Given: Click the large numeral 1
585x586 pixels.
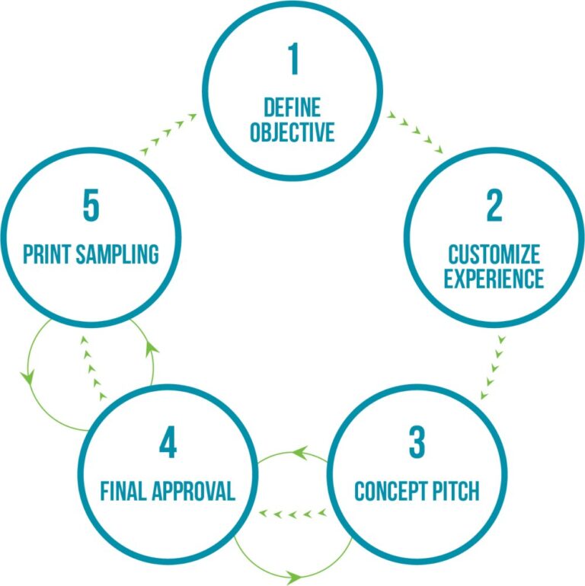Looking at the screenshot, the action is pos(293,59).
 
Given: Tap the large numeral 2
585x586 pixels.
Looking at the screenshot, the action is pos(494,205).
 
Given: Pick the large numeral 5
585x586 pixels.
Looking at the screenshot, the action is pos(91,205).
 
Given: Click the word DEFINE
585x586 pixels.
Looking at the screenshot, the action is pos(292,107).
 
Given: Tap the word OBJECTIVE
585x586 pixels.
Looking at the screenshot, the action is pos(292,132).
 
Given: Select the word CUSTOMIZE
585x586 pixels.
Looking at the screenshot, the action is pos(494,254).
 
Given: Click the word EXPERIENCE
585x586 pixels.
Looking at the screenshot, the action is pos(494,279).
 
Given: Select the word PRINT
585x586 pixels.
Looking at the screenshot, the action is pos(47,254).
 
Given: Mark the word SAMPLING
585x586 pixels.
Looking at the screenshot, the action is pos(117,254).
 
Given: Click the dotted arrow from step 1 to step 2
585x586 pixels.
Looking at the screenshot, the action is pos(415,132).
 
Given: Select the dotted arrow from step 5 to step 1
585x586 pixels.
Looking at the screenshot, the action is pos(168,134).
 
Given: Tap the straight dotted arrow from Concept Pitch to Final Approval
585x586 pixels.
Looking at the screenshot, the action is pos(292,514).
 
